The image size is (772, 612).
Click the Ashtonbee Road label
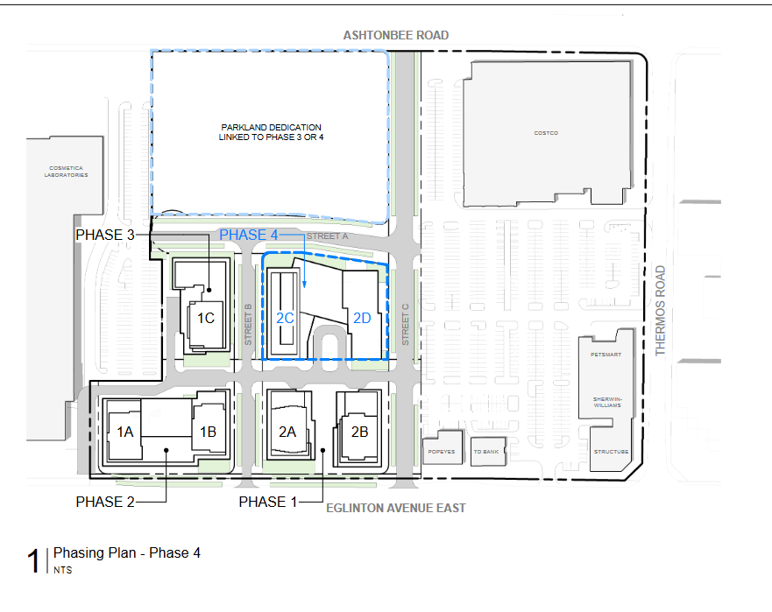(x=396, y=35)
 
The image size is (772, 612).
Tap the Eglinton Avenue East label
(x=396, y=508)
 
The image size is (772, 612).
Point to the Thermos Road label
(x=660, y=311)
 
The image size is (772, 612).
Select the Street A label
(x=327, y=236)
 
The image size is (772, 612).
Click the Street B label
(x=248, y=325)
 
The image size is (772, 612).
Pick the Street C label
(x=405, y=325)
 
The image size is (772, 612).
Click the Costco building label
(x=546, y=133)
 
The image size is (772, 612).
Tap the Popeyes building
(x=443, y=447)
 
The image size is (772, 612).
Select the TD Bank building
(x=488, y=452)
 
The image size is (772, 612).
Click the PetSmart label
(x=606, y=355)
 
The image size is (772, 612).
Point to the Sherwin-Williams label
(x=607, y=402)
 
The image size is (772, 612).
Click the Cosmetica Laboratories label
(x=66, y=172)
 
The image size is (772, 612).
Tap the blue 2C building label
(x=285, y=319)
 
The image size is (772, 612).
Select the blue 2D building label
(x=362, y=319)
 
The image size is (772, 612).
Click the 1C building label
(x=206, y=319)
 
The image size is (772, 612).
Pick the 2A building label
(x=287, y=432)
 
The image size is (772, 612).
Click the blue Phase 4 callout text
(x=249, y=236)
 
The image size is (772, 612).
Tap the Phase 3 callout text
(x=105, y=236)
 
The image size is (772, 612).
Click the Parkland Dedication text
(x=272, y=132)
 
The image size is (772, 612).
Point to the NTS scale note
(x=62, y=570)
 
